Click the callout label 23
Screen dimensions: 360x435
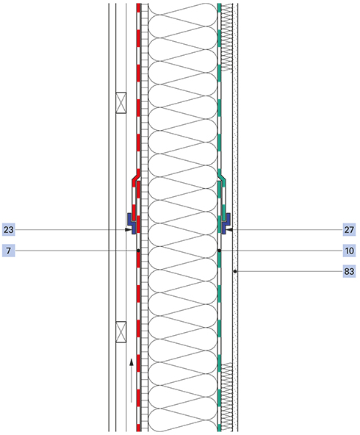pyautogui.click(x=8, y=229)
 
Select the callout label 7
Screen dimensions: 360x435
pyautogui.click(x=8, y=251)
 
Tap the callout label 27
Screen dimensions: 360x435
pyautogui.click(x=349, y=229)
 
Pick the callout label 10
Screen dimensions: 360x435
pyautogui.click(x=349, y=251)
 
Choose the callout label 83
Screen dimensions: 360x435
pyautogui.click(x=349, y=271)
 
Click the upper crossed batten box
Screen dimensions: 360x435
pyautogui.click(x=121, y=103)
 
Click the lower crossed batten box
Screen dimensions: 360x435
pyautogui.click(x=121, y=332)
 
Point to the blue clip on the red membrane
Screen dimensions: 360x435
pyautogui.click(x=132, y=223)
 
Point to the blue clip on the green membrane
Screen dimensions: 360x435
pyautogui.click(x=226, y=223)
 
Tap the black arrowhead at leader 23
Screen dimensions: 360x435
pyautogui.click(x=128, y=230)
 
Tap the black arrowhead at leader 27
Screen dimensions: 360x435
pyautogui.click(x=230, y=230)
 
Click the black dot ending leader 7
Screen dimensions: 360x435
pyautogui.click(x=138, y=251)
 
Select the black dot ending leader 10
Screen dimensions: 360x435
pyautogui.click(x=219, y=251)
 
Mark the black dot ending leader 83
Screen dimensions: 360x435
pyautogui.click(x=235, y=271)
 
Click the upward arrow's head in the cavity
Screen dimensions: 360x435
pyautogui.click(x=132, y=362)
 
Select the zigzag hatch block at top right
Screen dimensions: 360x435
pyautogui.click(x=226, y=38)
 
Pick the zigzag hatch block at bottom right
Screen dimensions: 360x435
pyautogui.click(x=226, y=397)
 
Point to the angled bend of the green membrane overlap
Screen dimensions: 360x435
pyautogui.click(x=222, y=177)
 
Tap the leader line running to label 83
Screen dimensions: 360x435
pyautogui.click(x=289, y=271)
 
